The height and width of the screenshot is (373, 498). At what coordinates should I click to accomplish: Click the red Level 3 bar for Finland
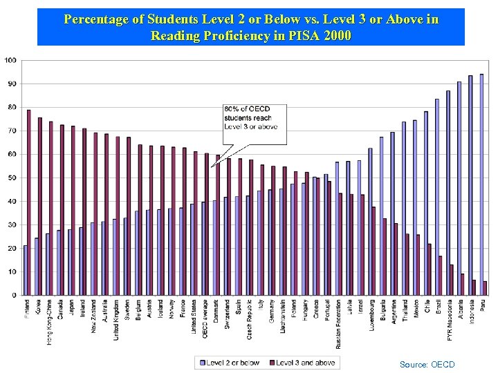(29, 202)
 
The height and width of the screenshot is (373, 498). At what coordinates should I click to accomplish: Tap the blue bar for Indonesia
(470, 185)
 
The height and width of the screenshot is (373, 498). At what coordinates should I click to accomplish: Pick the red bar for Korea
(40, 206)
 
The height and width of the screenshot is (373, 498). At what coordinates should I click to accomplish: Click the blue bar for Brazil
(437, 197)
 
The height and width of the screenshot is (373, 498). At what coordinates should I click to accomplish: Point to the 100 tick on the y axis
(10, 60)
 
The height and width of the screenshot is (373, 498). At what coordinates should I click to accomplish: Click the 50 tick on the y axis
(12, 178)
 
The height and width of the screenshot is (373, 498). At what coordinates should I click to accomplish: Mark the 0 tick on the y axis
(15, 295)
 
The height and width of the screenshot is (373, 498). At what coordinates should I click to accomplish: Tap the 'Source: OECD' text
(427, 364)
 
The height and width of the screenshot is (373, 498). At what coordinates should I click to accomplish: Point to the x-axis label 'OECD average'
(205, 318)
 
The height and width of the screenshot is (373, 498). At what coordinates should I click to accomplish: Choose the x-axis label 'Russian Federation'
(338, 324)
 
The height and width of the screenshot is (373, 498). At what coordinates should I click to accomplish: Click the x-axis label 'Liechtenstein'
(283, 318)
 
